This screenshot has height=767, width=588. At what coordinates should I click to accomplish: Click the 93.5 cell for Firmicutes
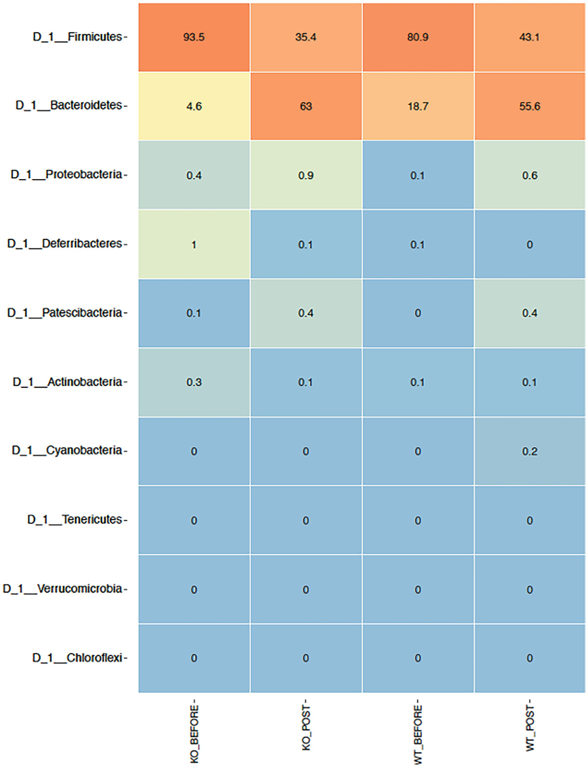click(194, 37)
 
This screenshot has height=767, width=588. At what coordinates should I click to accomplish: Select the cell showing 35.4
click(306, 37)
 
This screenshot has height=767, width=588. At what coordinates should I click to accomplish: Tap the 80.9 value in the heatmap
click(417, 37)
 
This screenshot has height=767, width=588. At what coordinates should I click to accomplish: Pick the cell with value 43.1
click(530, 37)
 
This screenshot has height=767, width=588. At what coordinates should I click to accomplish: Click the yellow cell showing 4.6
click(194, 106)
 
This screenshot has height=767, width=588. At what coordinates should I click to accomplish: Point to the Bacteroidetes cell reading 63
click(306, 106)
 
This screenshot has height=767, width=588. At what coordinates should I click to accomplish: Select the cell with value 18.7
click(417, 106)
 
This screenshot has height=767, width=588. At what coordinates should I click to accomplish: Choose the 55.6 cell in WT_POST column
click(530, 106)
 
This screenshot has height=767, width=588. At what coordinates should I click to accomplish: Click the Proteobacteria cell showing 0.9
click(306, 175)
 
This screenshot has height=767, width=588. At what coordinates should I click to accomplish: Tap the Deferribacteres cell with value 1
click(194, 244)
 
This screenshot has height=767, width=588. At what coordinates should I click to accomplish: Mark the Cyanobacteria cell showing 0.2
click(530, 451)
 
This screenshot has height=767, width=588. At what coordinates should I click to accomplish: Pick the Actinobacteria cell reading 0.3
click(194, 382)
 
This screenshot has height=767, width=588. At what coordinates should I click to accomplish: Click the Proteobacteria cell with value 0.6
click(530, 175)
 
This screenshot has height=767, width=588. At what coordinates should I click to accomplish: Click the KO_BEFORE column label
click(195, 733)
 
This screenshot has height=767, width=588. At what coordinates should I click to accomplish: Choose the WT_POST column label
click(530, 728)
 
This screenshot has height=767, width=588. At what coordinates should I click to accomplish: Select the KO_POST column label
click(306, 727)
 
